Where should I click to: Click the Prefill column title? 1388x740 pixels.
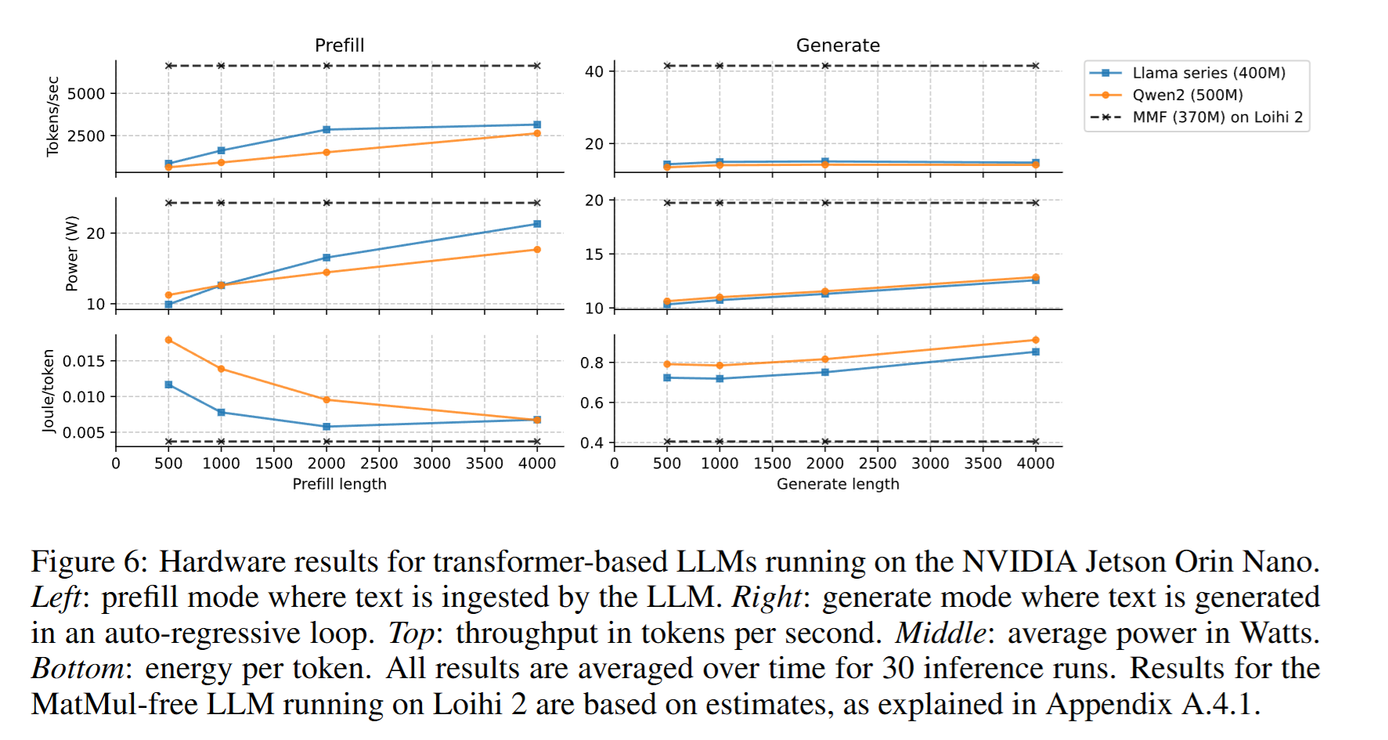click(x=339, y=45)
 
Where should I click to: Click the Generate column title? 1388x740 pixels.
click(x=838, y=45)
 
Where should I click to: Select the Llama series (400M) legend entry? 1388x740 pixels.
click(x=1208, y=73)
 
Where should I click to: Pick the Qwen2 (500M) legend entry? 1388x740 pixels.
click(x=1187, y=95)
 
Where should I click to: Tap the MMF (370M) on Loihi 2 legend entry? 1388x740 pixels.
click(x=1217, y=117)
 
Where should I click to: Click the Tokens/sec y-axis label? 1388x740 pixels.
click(x=52, y=116)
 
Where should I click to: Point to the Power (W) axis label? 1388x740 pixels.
click(x=72, y=253)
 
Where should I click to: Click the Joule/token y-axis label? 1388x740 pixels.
click(x=49, y=390)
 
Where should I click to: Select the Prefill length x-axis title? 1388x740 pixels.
click(x=339, y=484)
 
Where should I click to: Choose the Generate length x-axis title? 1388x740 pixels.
click(x=838, y=484)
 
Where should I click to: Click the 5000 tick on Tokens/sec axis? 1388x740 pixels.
click(x=86, y=94)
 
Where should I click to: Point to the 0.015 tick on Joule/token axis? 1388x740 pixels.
click(x=84, y=361)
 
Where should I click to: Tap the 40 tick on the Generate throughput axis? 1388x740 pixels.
click(x=594, y=72)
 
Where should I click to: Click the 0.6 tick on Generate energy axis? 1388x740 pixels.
click(x=592, y=403)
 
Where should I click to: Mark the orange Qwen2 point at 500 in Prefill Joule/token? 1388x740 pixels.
click(x=169, y=340)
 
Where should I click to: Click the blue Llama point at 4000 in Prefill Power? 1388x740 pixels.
click(x=537, y=224)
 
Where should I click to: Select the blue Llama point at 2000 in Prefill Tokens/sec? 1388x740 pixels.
click(x=326, y=129)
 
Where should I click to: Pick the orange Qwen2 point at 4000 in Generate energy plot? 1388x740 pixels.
click(x=1036, y=340)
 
